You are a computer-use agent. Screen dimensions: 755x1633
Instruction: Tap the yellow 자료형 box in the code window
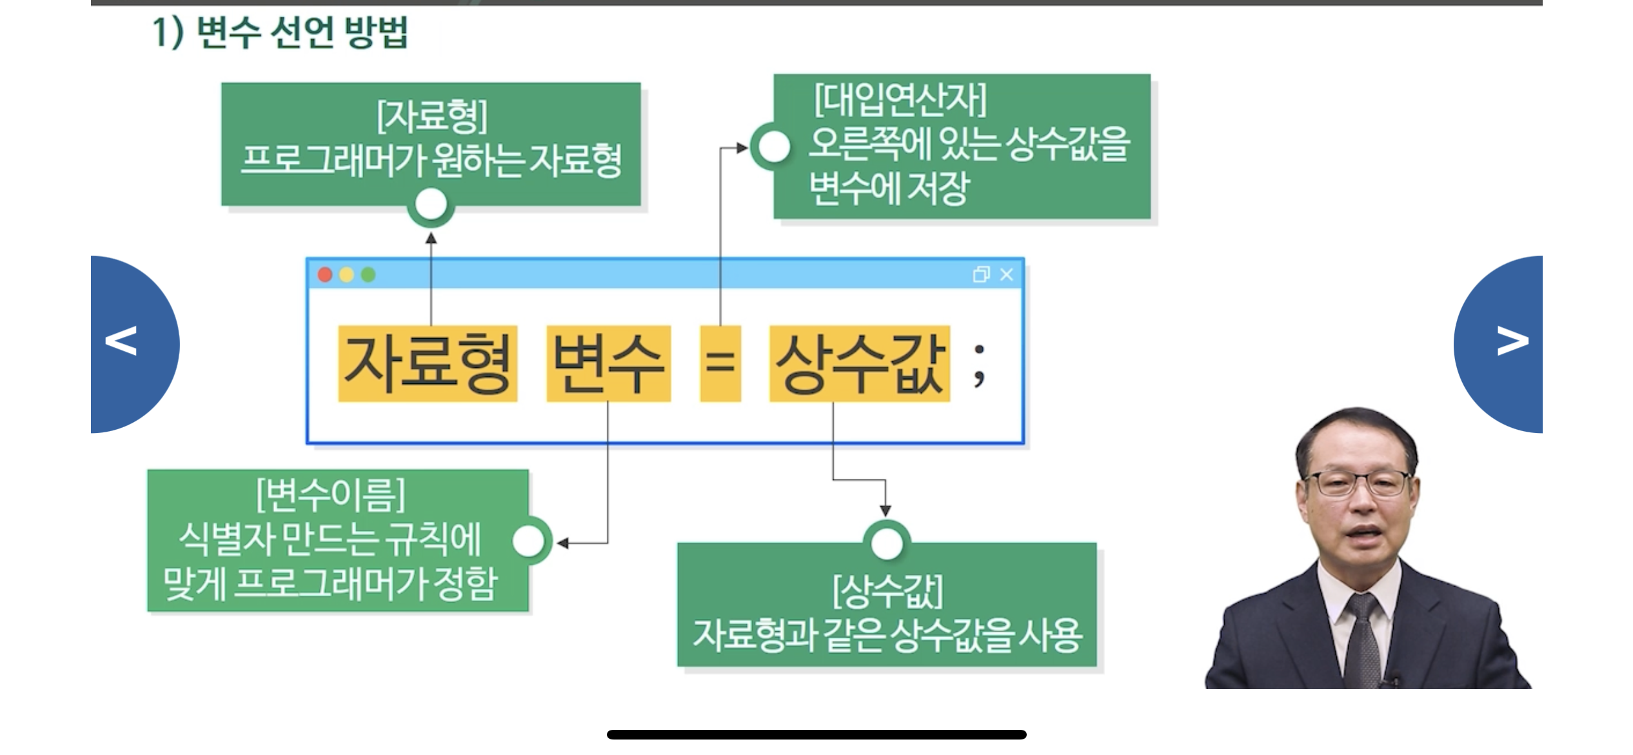point(428,364)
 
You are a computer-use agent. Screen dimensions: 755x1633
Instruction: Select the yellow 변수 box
point(608,364)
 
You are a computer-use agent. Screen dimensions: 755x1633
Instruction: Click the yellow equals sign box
point(720,364)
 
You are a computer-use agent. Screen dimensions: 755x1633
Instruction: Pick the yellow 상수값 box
point(859,364)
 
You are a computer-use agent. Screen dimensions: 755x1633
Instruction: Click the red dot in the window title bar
point(325,276)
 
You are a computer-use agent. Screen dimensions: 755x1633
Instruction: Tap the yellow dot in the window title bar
point(346,276)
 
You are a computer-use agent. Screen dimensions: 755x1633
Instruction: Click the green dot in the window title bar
point(368,276)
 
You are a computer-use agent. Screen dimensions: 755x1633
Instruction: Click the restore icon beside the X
point(981,275)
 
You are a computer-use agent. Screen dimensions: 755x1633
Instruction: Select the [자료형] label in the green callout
point(431,116)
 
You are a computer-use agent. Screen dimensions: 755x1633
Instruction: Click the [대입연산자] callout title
point(900,100)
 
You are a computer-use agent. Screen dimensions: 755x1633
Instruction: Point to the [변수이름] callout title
point(331,494)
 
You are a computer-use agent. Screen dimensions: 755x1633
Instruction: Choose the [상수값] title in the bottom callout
point(887,591)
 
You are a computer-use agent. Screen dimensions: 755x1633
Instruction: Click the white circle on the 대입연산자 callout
point(773,146)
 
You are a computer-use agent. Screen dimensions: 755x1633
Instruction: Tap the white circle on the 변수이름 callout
point(529,541)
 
